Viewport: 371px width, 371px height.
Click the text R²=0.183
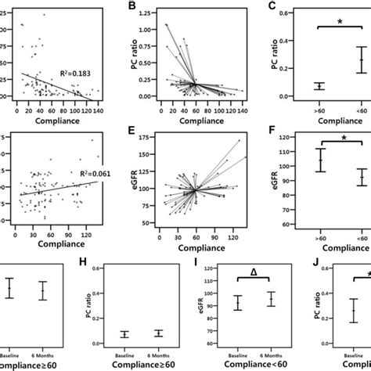[70, 72]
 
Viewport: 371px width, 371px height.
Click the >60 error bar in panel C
[297, 85]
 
